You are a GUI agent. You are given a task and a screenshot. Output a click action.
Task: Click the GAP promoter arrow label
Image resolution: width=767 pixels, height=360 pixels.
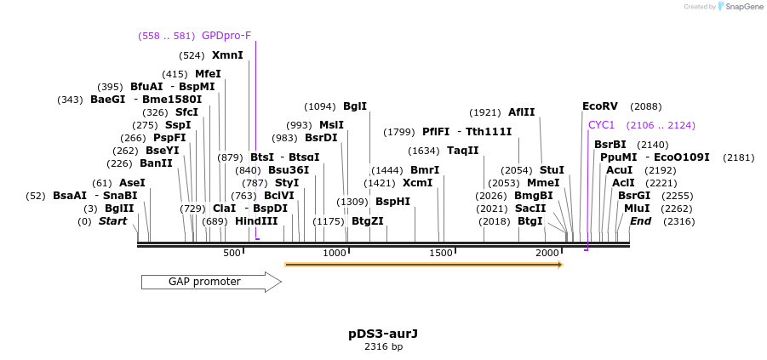coord(204,282)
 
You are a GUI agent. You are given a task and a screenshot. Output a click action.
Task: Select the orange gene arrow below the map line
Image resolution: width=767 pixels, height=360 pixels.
coord(423,265)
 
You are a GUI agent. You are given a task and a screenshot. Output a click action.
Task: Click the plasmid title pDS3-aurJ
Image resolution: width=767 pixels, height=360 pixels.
coord(383,333)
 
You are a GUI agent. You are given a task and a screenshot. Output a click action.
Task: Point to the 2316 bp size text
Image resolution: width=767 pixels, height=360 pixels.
coord(383,346)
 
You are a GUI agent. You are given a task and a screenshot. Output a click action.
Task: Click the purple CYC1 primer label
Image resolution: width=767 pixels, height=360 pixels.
coord(601,125)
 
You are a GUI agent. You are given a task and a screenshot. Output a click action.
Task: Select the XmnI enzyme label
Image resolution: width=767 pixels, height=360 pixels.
coord(227,55)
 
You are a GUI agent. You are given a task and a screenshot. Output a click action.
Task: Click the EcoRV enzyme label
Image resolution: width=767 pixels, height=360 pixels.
coord(599,106)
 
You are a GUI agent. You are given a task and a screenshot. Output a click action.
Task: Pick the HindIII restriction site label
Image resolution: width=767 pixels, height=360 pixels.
coord(256,221)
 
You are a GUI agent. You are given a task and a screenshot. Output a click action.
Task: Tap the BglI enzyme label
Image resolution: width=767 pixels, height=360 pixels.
coord(354,106)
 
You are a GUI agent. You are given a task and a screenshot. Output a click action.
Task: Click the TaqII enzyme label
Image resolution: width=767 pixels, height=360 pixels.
coord(462,151)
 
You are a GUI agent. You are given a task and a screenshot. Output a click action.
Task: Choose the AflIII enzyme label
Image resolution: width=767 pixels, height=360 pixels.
coord(521,112)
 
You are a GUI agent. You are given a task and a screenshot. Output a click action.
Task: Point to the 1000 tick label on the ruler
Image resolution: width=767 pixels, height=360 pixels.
coord(335,254)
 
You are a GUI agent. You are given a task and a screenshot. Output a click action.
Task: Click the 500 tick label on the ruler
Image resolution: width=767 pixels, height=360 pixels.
coord(232,254)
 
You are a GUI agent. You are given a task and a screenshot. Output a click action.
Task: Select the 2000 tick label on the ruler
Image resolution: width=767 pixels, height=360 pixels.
coord(547,254)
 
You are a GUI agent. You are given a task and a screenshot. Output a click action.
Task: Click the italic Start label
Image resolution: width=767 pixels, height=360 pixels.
coord(112,221)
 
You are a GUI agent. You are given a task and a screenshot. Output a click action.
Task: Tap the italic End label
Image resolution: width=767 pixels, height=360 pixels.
coord(640,221)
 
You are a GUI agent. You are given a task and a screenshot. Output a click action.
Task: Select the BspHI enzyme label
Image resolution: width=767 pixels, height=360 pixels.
coord(392,202)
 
